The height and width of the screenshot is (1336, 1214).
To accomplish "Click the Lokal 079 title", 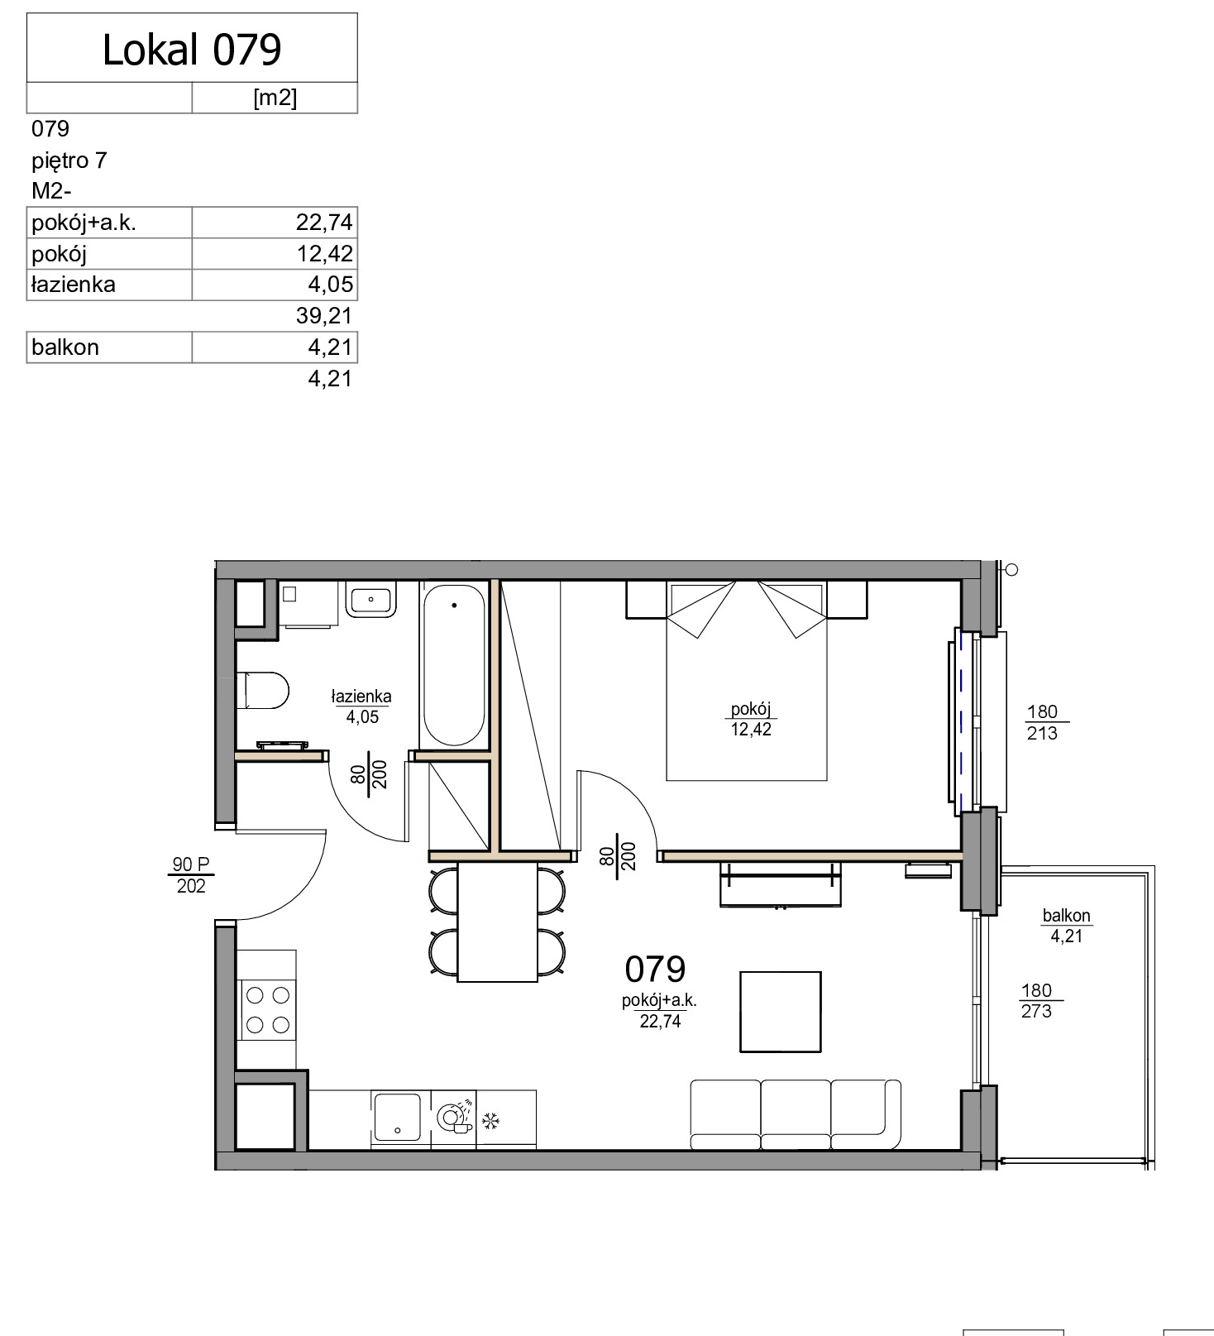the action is (x=192, y=50).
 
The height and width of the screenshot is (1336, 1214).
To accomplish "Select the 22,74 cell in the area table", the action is (x=324, y=223).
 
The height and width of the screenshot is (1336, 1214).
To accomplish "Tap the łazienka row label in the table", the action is (x=73, y=285).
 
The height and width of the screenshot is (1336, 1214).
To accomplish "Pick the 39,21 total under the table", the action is (x=324, y=315).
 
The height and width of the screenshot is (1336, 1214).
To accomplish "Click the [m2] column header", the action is (x=275, y=98).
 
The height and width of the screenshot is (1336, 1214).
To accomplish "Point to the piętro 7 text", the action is (x=69, y=160).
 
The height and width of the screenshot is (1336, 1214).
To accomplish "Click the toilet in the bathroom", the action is (x=263, y=690).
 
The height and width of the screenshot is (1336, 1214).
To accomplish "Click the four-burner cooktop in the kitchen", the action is (x=267, y=1009).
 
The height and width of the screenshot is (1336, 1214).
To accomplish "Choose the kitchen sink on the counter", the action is (x=398, y=1117).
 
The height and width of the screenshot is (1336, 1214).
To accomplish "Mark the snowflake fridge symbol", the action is (x=491, y=1122).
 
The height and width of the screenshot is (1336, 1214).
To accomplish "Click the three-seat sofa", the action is (x=796, y=1114).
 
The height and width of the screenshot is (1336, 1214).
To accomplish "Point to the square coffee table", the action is (x=781, y=1012).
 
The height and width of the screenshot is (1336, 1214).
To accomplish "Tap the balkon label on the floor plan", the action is (x=1067, y=916).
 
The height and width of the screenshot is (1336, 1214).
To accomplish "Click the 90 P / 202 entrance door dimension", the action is (x=191, y=875).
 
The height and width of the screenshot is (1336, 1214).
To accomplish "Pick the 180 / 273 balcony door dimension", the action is (x=1037, y=1001).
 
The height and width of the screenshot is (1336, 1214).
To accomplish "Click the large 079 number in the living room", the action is (x=655, y=969).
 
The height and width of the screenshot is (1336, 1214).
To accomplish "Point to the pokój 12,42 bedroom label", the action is (x=751, y=719).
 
